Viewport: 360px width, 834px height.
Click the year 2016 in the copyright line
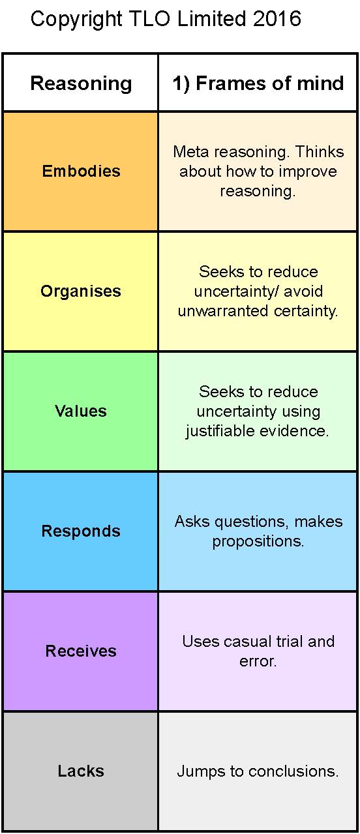pos(277,19)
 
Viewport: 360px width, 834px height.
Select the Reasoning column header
pos(81,83)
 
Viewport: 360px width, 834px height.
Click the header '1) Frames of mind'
pos(258,83)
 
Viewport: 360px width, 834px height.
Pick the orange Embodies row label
pos(81,171)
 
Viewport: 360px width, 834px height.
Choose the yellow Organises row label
pos(81,291)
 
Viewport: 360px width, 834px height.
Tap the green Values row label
pos(81,411)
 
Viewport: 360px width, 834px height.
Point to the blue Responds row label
pos(81,531)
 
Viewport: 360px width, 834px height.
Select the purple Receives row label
pos(81,651)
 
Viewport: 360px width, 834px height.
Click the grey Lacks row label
pos(81,771)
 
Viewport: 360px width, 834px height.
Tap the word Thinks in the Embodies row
pos(320,152)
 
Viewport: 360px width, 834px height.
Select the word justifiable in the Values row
pos(220,431)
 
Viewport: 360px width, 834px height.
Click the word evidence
pos(294,431)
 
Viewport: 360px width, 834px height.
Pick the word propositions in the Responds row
pos(258,542)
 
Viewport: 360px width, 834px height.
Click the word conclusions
pos(293,771)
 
